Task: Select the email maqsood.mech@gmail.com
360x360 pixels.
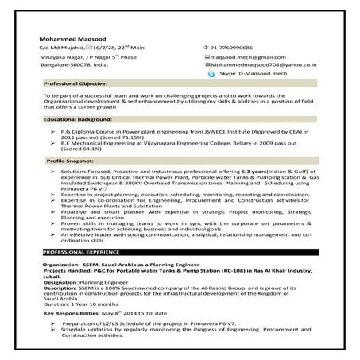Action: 242,58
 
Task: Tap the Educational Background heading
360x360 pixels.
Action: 79,118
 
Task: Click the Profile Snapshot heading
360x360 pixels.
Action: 72,161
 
